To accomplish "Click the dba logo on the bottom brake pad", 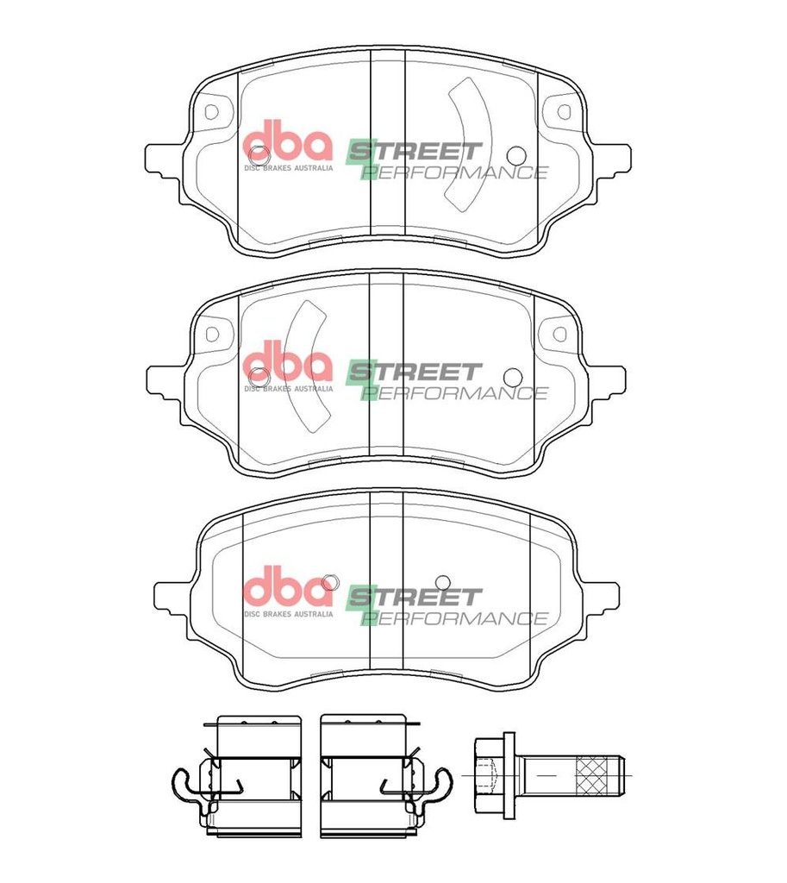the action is tap(288, 591).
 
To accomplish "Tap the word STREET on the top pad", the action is tap(415, 151).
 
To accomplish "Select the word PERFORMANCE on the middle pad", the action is tap(455, 393).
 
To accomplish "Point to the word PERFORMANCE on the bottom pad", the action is tap(455, 618).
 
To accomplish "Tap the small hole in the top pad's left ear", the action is tap(212, 111).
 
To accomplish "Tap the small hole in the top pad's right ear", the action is tap(564, 111).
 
